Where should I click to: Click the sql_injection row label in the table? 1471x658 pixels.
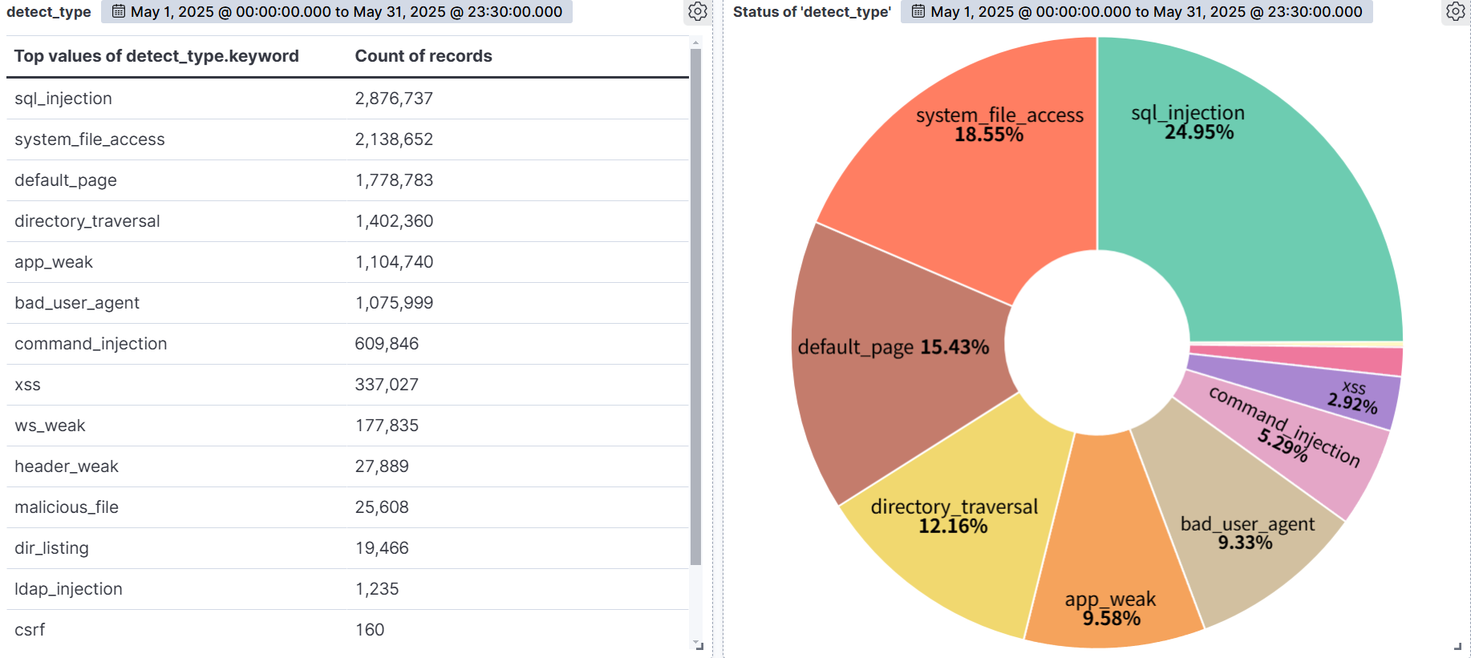(63, 99)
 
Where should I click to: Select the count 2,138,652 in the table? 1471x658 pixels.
(394, 139)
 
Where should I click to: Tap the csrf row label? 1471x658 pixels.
(30, 630)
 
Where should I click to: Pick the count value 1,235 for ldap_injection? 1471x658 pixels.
(377, 589)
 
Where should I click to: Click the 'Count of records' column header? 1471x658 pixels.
(423, 56)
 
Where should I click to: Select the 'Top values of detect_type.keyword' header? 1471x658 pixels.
(156, 56)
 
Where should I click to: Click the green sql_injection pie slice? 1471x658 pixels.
(1267, 208)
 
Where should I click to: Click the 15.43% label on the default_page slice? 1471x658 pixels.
(954, 347)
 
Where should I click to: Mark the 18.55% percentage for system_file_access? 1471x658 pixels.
(989, 135)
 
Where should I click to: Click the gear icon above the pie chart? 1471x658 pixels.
(1455, 11)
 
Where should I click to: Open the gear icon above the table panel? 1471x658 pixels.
(698, 11)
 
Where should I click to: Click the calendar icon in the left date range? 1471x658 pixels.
(118, 11)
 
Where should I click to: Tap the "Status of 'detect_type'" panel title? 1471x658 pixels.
(812, 12)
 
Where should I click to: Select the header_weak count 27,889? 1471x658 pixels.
(382, 466)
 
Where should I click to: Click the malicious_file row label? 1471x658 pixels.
(67, 507)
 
